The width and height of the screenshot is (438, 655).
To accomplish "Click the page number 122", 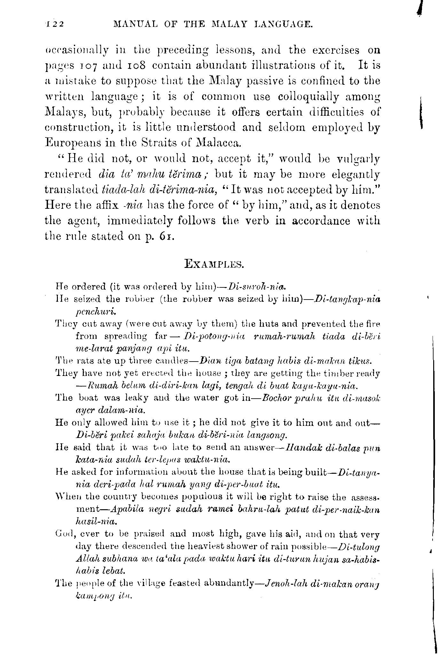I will (55, 24).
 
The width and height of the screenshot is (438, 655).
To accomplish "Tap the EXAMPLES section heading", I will (215, 264).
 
